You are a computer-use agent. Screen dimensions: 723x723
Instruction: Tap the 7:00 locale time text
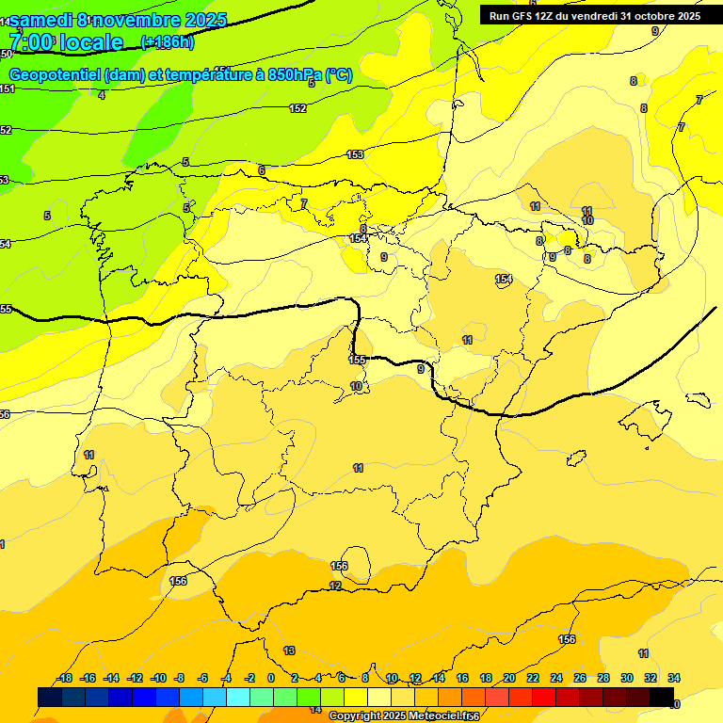[x=66, y=42]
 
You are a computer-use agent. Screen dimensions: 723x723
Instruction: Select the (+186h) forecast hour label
[x=167, y=42]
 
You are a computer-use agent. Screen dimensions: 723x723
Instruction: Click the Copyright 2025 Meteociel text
[x=403, y=716]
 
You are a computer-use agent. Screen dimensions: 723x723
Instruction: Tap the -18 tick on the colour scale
[x=65, y=678]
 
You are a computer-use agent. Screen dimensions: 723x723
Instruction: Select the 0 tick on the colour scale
[x=271, y=678]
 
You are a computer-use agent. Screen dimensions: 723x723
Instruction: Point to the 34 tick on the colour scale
[x=674, y=678]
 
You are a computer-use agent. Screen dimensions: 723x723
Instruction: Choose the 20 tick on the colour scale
[x=509, y=678]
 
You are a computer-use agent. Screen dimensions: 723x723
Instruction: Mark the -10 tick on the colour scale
[x=158, y=678]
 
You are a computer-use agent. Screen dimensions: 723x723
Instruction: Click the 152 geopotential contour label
[x=297, y=108]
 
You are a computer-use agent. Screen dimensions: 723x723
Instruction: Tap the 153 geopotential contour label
[x=355, y=154]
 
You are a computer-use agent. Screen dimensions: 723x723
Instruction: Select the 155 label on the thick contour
[x=357, y=360]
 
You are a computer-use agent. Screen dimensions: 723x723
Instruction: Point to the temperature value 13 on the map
[x=289, y=651]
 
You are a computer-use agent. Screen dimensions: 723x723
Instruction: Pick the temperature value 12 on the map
[x=335, y=586]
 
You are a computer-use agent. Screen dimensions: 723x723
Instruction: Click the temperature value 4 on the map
[x=102, y=94]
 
